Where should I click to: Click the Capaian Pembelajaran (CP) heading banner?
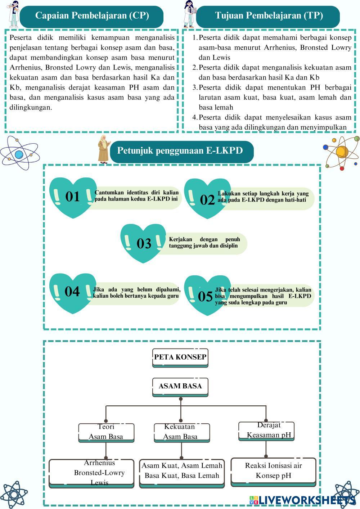92,16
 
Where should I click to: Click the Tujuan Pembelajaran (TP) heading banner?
269,16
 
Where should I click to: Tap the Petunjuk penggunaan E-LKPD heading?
180,151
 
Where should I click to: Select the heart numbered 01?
72,197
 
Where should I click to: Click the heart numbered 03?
144,243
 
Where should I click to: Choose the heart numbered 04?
72,292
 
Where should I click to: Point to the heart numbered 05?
206,295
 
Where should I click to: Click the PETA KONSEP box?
180,357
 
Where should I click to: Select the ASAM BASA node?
180,387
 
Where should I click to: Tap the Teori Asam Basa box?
106,432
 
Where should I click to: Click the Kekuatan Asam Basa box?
181,432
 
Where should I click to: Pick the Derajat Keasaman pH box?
266,431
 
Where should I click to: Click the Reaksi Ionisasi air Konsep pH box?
273,470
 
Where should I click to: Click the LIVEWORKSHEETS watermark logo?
302,500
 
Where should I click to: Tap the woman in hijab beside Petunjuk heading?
104,148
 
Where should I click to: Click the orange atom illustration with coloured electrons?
341,153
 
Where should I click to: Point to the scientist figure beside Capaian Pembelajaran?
14,14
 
